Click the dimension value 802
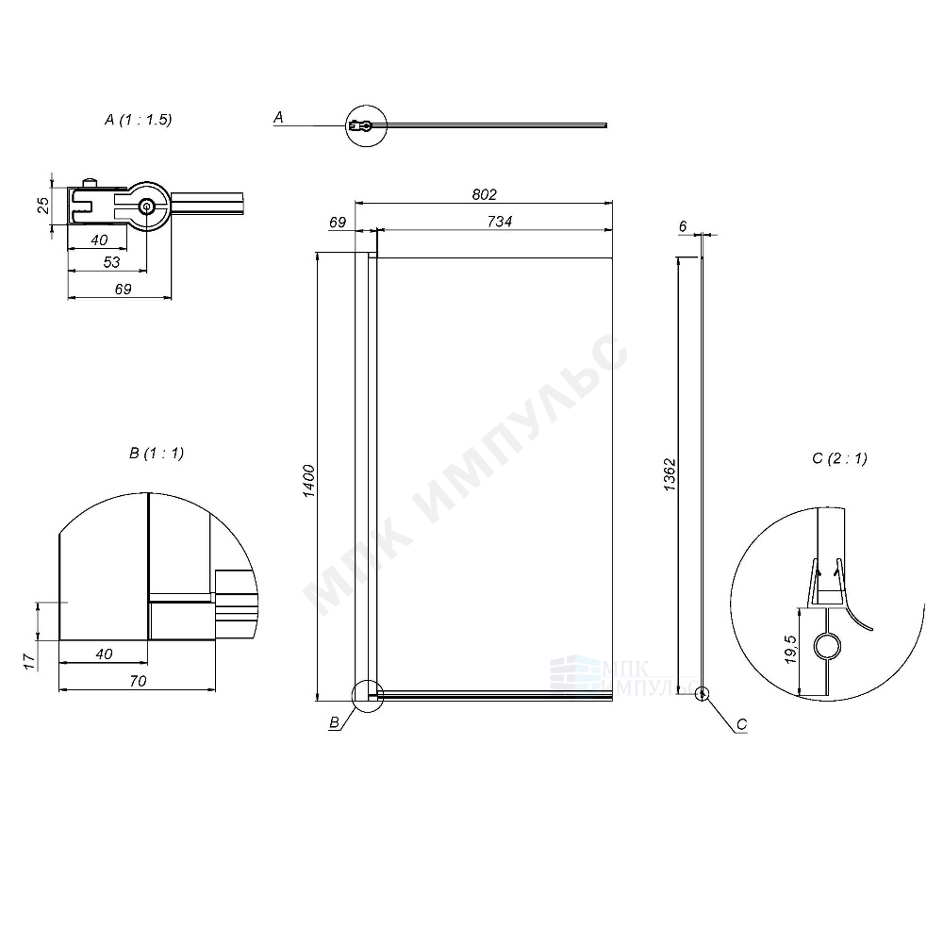483,194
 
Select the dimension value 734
499,222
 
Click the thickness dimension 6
682,226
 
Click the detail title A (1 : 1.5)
139,120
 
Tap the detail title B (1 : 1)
157,453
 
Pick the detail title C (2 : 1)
838,458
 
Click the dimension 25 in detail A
42,205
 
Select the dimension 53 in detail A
110,262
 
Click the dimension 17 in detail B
28,659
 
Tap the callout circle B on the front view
366,696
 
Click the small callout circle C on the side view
701,694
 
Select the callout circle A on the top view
366,124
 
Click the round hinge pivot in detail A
147,207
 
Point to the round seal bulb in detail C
826,646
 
